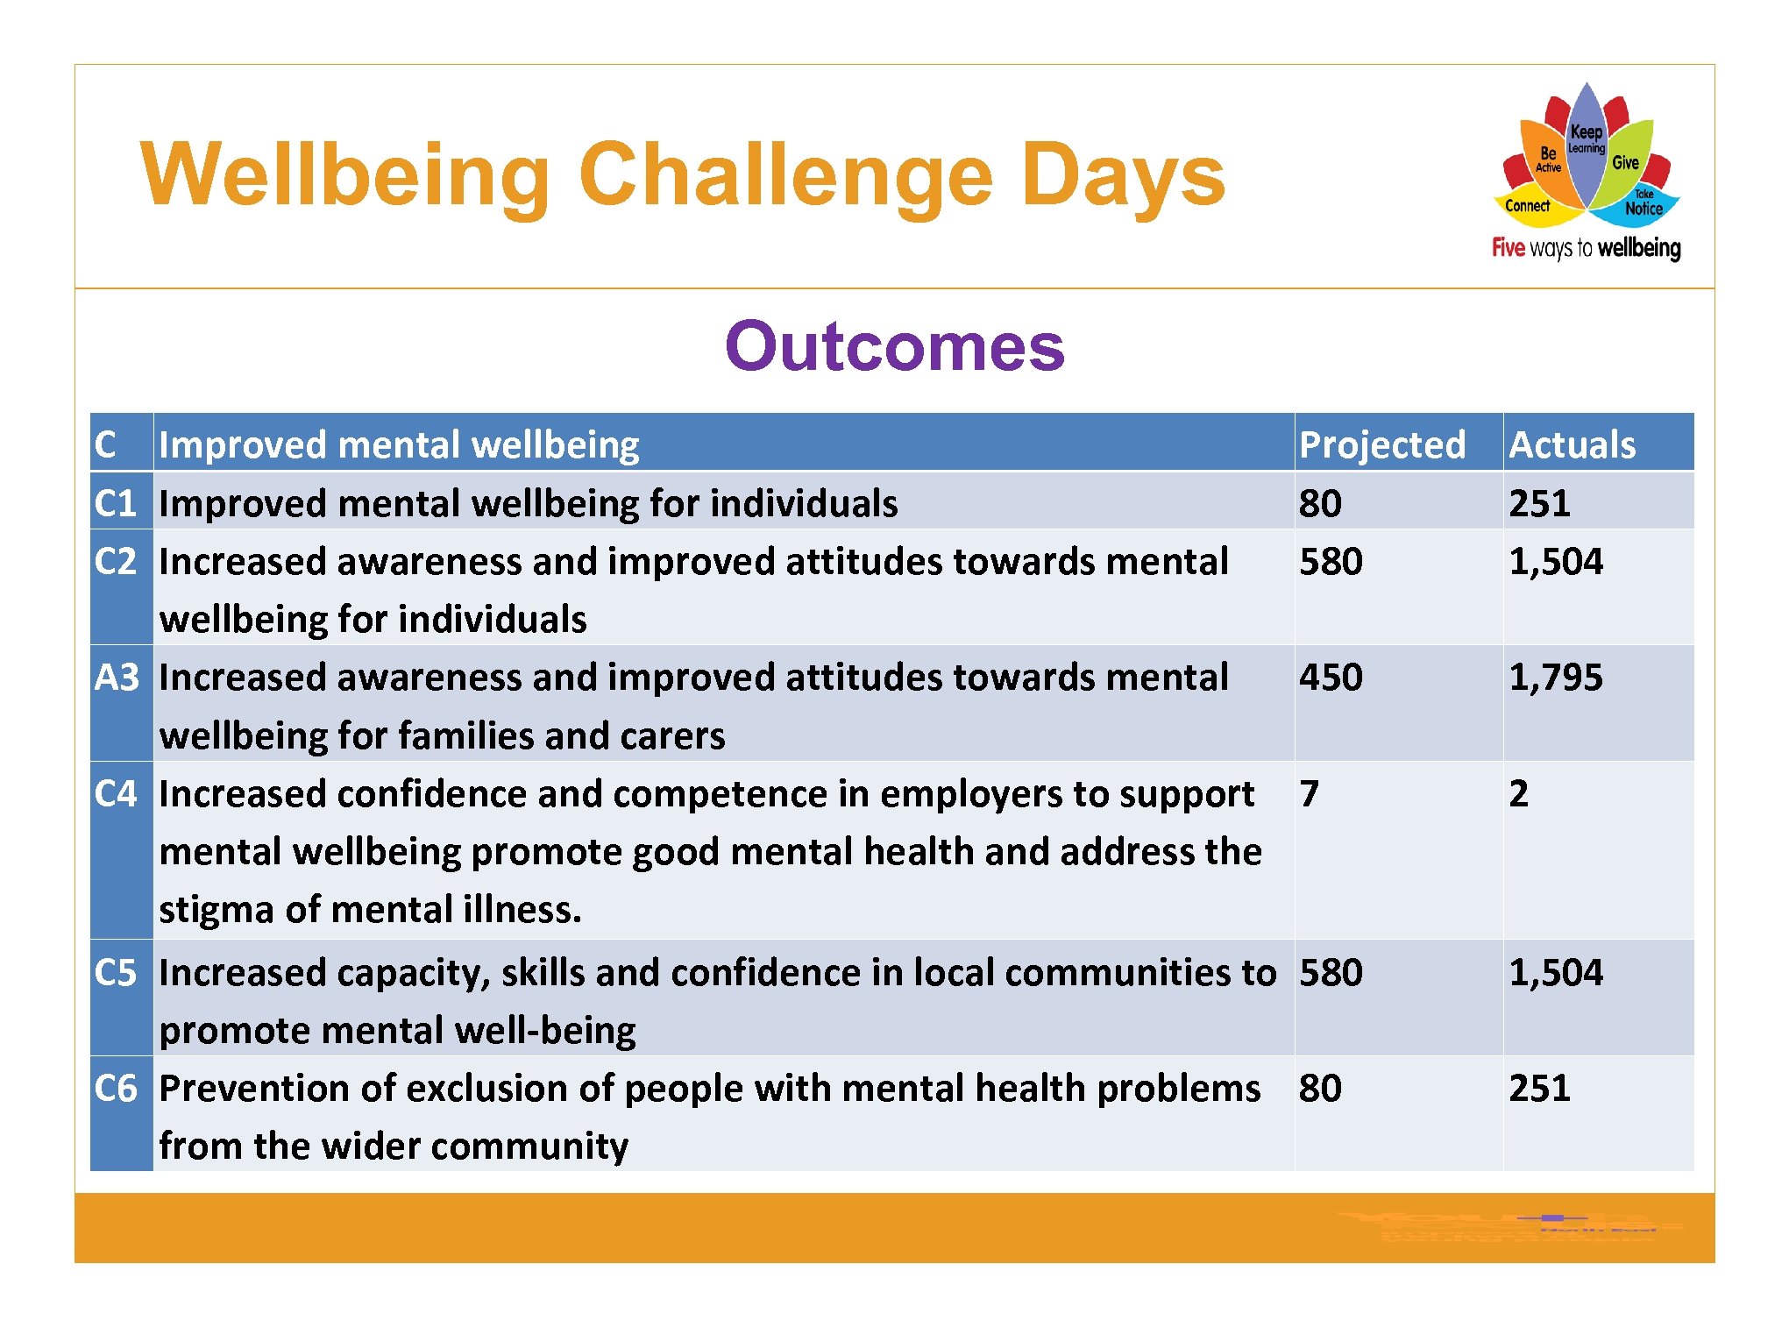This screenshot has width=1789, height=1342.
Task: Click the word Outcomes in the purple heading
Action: tap(894, 346)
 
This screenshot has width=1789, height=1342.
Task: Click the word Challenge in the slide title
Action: tap(785, 175)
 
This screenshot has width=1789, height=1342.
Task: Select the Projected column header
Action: tap(1381, 444)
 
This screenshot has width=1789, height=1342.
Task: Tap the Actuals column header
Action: tap(1572, 444)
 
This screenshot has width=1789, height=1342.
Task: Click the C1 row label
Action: tap(116, 503)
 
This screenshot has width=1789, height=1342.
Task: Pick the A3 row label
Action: tap(117, 677)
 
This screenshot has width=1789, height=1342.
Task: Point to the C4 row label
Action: tap(116, 793)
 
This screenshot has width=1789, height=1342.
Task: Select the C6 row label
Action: tap(116, 1088)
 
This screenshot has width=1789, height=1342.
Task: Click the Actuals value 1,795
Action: tap(1555, 677)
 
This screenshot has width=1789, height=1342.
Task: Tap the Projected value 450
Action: tap(1331, 677)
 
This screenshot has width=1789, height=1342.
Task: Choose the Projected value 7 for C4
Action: tap(1310, 793)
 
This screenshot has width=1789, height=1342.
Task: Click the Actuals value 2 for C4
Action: tap(1518, 793)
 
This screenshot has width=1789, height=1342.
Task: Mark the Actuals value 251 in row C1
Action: tap(1539, 503)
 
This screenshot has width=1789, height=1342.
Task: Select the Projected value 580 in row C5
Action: tap(1331, 972)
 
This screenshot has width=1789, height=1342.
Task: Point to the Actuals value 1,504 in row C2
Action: tap(1555, 561)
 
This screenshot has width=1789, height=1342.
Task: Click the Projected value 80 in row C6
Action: tap(1320, 1088)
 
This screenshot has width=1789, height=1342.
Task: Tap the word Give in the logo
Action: tap(1625, 162)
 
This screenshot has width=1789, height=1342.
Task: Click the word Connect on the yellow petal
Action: tap(1527, 206)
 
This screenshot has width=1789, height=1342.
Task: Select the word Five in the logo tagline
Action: tap(1509, 248)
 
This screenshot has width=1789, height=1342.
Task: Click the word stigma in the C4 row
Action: tap(217, 910)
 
